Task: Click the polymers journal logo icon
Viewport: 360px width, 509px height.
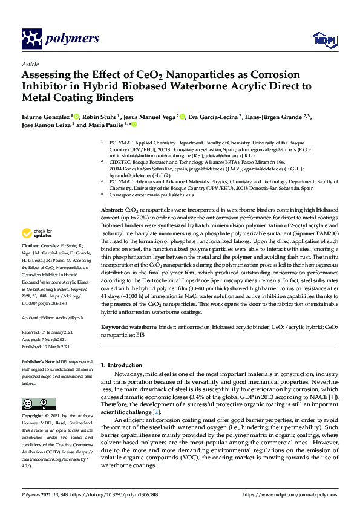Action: tap(31, 39)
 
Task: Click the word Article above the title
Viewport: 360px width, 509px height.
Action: tap(30, 64)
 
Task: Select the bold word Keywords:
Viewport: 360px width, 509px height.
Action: tap(114, 327)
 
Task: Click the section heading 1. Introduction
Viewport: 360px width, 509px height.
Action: tap(123, 365)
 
